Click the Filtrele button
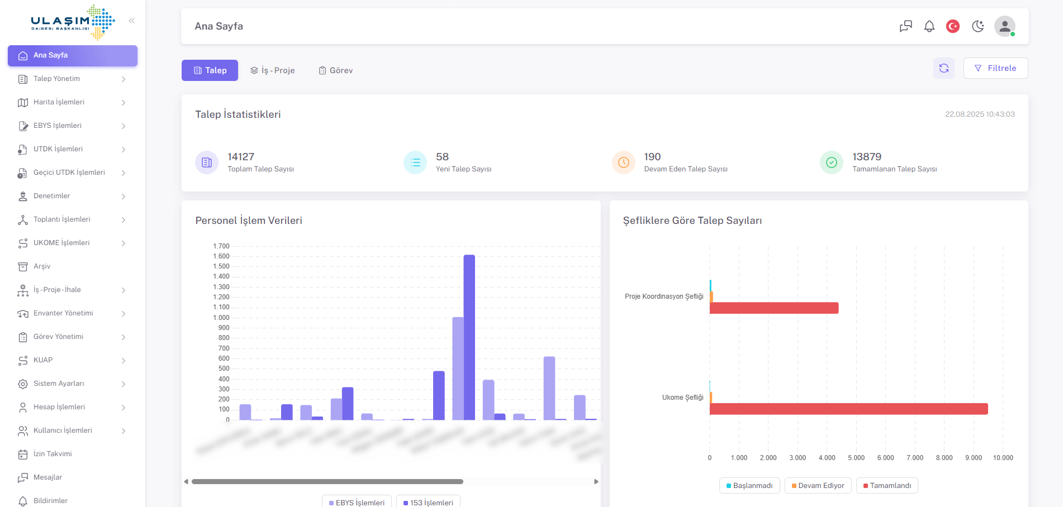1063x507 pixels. pos(995,68)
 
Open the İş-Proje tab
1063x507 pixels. pos(272,70)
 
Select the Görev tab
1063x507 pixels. pos(336,70)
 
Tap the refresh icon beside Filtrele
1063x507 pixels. pos(944,68)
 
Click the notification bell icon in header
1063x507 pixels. pos(929,26)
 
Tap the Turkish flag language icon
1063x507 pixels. pos(953,26)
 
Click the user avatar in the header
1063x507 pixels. pos(1004,26)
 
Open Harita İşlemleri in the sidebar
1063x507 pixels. pos(59,102)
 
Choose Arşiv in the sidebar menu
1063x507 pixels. pos(42,266)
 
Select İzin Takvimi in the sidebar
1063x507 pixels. pos(53,454)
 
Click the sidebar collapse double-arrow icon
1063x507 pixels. pos(132,21)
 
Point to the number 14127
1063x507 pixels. pos(241,157)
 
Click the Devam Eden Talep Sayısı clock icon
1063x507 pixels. pos(624,162)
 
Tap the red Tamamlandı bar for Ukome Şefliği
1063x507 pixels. pos(848,409)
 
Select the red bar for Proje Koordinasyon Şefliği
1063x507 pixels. pos(774,308)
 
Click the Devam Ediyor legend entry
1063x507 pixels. pos(818,486)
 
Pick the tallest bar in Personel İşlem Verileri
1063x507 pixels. pos(469,337)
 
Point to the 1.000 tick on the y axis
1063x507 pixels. pos(221,318)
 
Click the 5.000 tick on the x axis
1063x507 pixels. pos(856,458)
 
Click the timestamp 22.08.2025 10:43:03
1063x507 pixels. pos(980,114)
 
